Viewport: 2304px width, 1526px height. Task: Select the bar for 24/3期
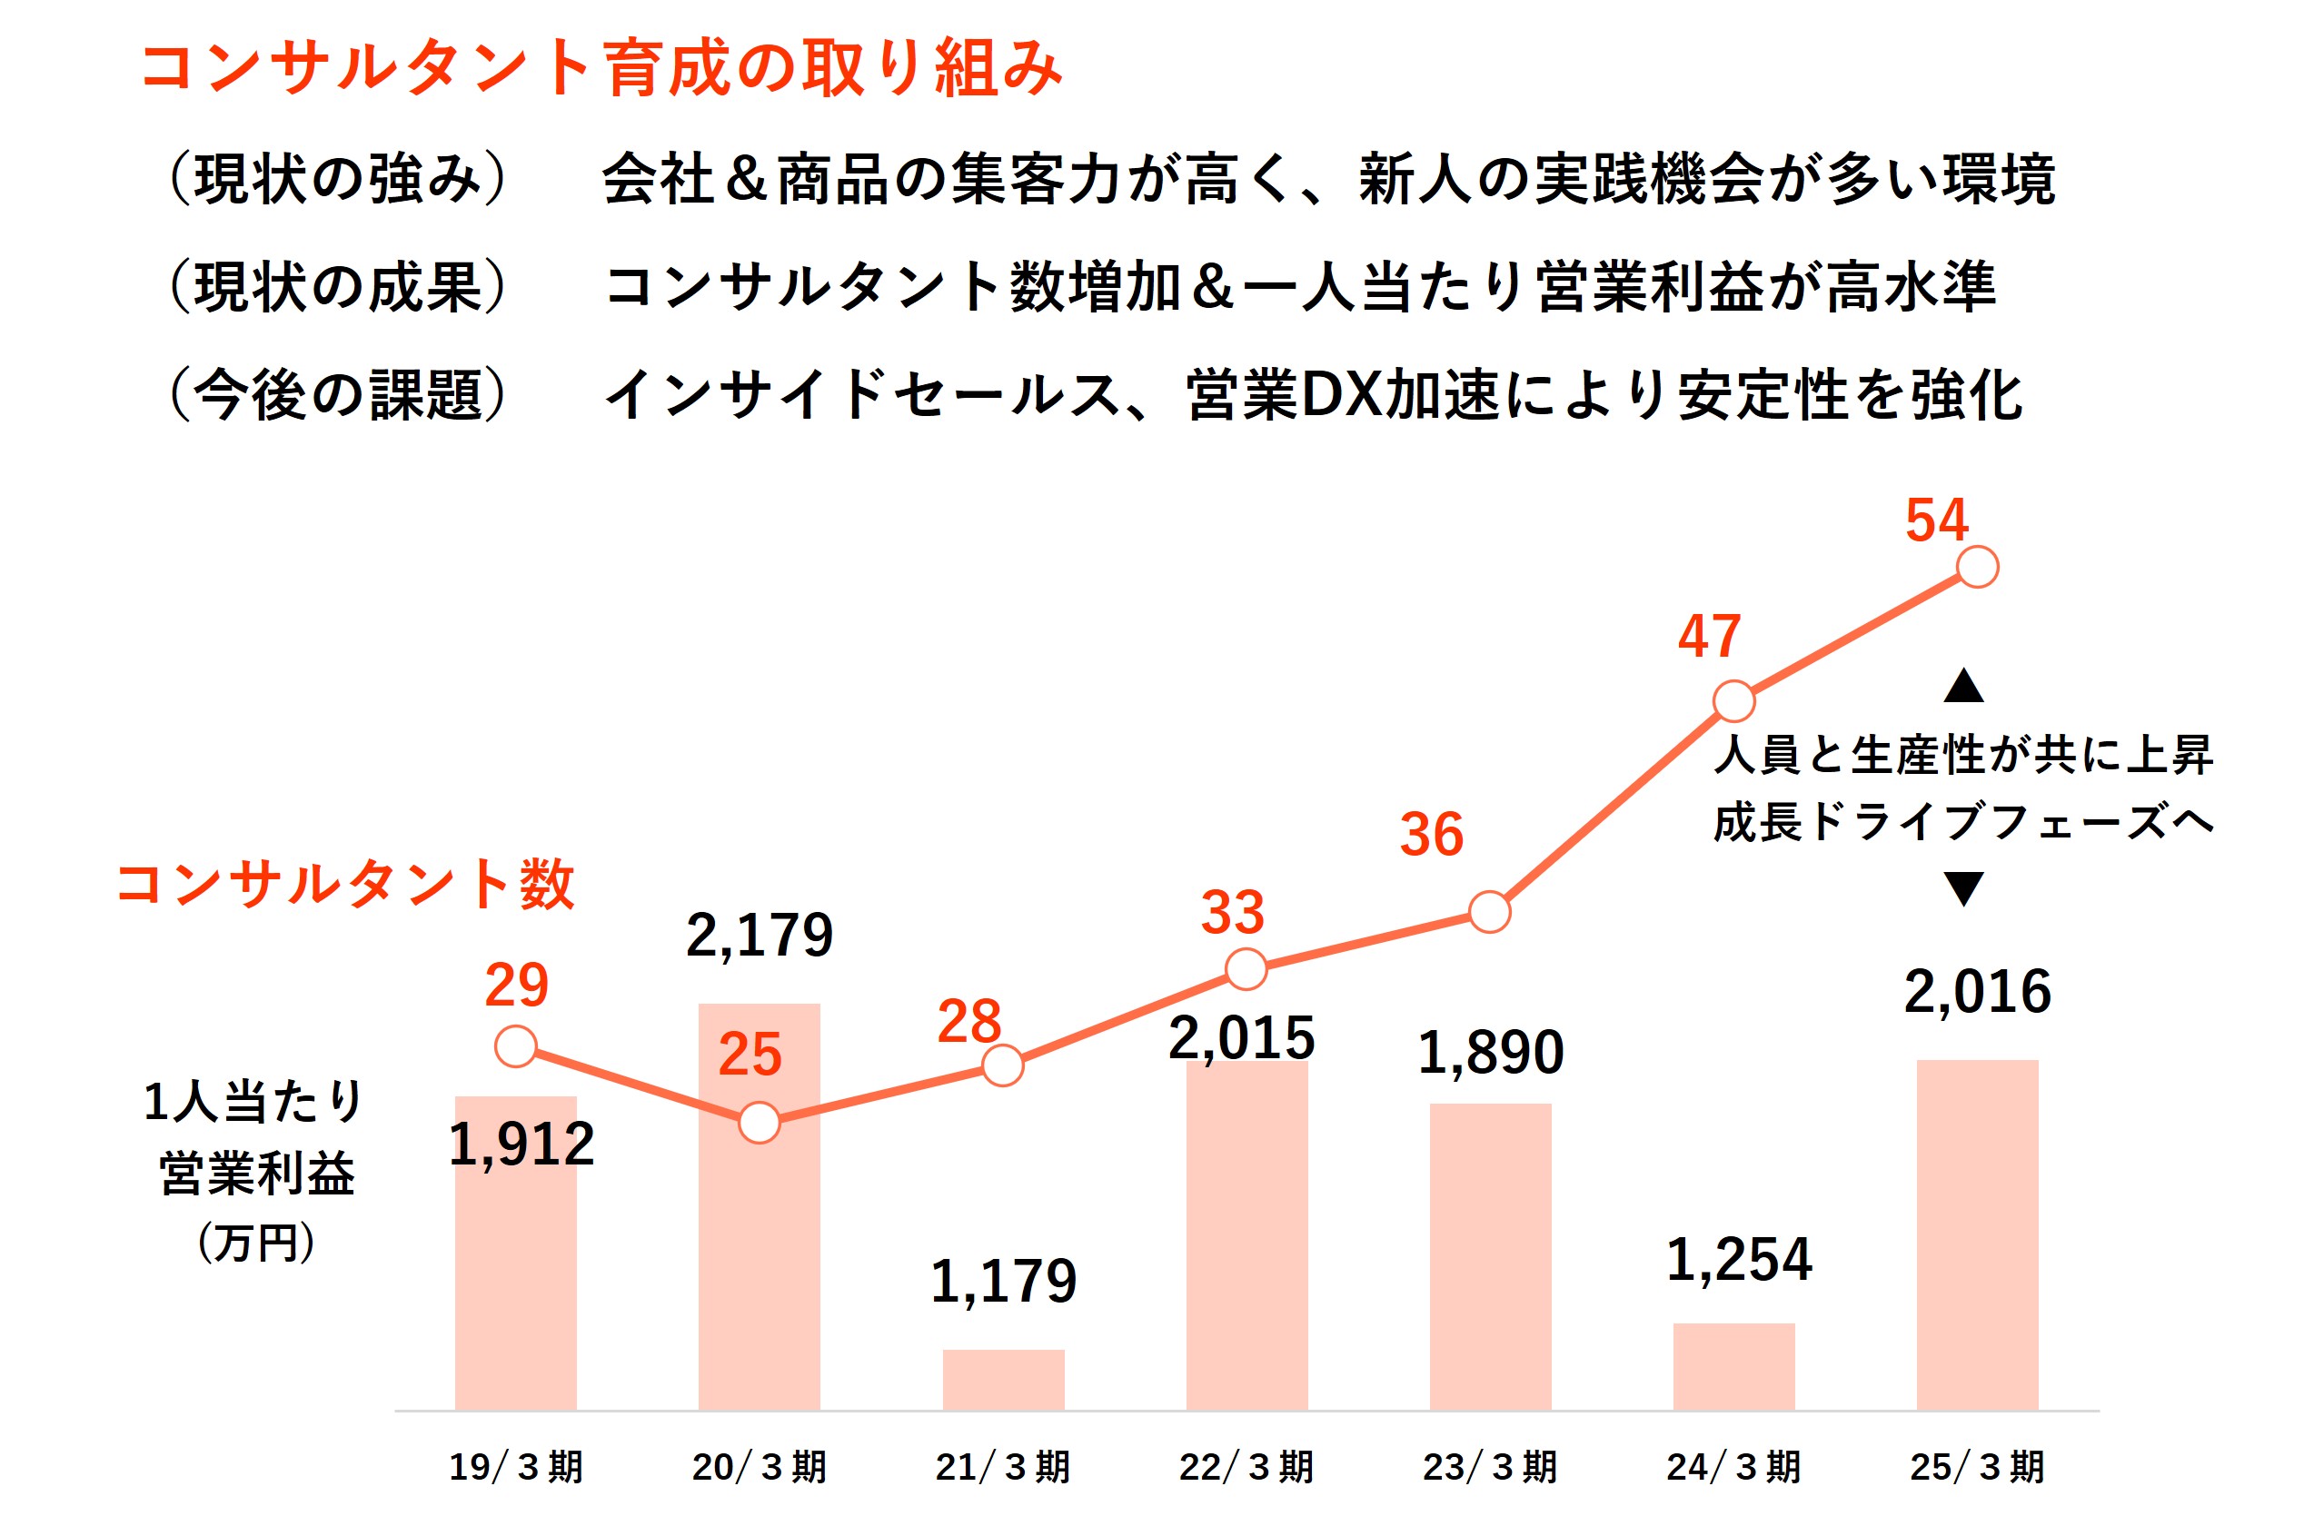1733,1365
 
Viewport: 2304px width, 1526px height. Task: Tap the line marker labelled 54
1977,568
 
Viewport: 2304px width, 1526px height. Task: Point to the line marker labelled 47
1733,701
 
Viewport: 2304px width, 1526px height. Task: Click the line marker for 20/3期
760,1122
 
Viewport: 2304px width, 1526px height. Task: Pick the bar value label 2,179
760,936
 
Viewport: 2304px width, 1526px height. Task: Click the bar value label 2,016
1977,992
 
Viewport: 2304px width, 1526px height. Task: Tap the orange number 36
1431,834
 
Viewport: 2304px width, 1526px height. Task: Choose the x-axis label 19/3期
516,1467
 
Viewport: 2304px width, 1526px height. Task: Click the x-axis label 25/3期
1977,1467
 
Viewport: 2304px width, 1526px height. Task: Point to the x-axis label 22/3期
1246,1467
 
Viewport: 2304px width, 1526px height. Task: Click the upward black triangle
1963,687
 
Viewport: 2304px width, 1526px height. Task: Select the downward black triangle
1963,887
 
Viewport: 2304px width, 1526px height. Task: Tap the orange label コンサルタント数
345,884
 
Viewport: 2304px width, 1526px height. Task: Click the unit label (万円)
256,1243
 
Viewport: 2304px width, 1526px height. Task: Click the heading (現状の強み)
338,179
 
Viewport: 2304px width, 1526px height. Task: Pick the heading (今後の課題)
338,395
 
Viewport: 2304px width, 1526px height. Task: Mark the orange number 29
517,985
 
